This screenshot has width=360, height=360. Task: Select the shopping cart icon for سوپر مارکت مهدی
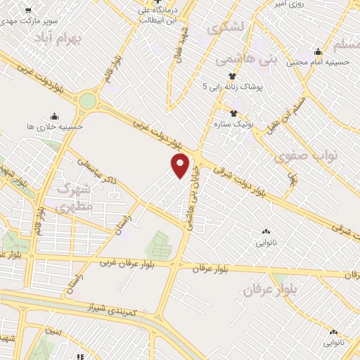coord(27,11)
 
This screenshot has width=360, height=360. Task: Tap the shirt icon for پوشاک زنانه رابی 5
coord(231,76)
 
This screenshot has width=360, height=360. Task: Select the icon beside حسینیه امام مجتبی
coord(318,51)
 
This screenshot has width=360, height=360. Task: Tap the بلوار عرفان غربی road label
coord(127,263)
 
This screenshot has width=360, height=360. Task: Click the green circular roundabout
coord(87,101)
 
